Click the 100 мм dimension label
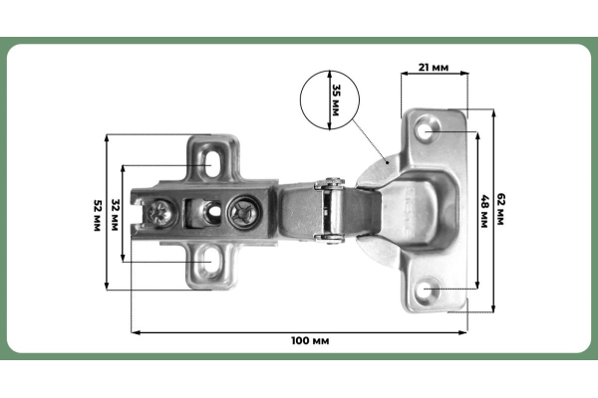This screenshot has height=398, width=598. [310, 340]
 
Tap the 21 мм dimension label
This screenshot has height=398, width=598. [434, 68]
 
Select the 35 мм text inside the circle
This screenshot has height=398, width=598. [336, 99]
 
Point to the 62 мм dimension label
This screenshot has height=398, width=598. [500, 209]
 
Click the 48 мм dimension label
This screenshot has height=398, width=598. [484, 211]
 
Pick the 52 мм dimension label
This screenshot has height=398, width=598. [97, 215]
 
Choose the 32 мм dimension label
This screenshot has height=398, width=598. [115, 215]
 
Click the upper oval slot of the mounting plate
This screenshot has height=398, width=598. [212, 164]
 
